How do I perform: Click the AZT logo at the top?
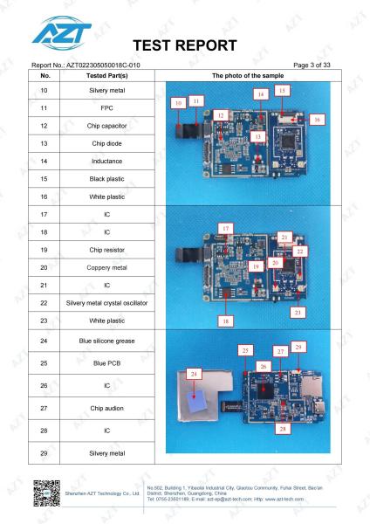(x=62, y=33)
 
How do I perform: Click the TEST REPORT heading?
(x=185, y=45)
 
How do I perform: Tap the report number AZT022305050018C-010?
(x=103, y=65)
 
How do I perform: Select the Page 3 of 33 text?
(x=312, y=65)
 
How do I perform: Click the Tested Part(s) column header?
(x=106, y=75)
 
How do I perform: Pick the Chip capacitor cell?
(x=106, y=126)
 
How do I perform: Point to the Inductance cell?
(x=106, y=161)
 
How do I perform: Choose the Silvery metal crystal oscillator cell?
(x=106, y=303)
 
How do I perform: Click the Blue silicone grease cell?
(x=106, y=341)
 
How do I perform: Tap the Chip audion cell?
(x=106, y=409)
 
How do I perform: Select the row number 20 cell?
(x=44, y=268)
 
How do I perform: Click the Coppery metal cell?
(x=106, y=268)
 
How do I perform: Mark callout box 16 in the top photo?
(x=317, y=120)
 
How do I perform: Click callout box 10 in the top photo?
(x=178, y=103)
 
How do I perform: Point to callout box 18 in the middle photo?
(x=226, y=321)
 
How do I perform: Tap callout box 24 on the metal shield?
(x=194, y=374)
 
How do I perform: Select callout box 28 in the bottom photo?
(x=283, y=429)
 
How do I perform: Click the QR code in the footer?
(x=47, y=493)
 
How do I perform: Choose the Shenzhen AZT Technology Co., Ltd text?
(x=102, y=493)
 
